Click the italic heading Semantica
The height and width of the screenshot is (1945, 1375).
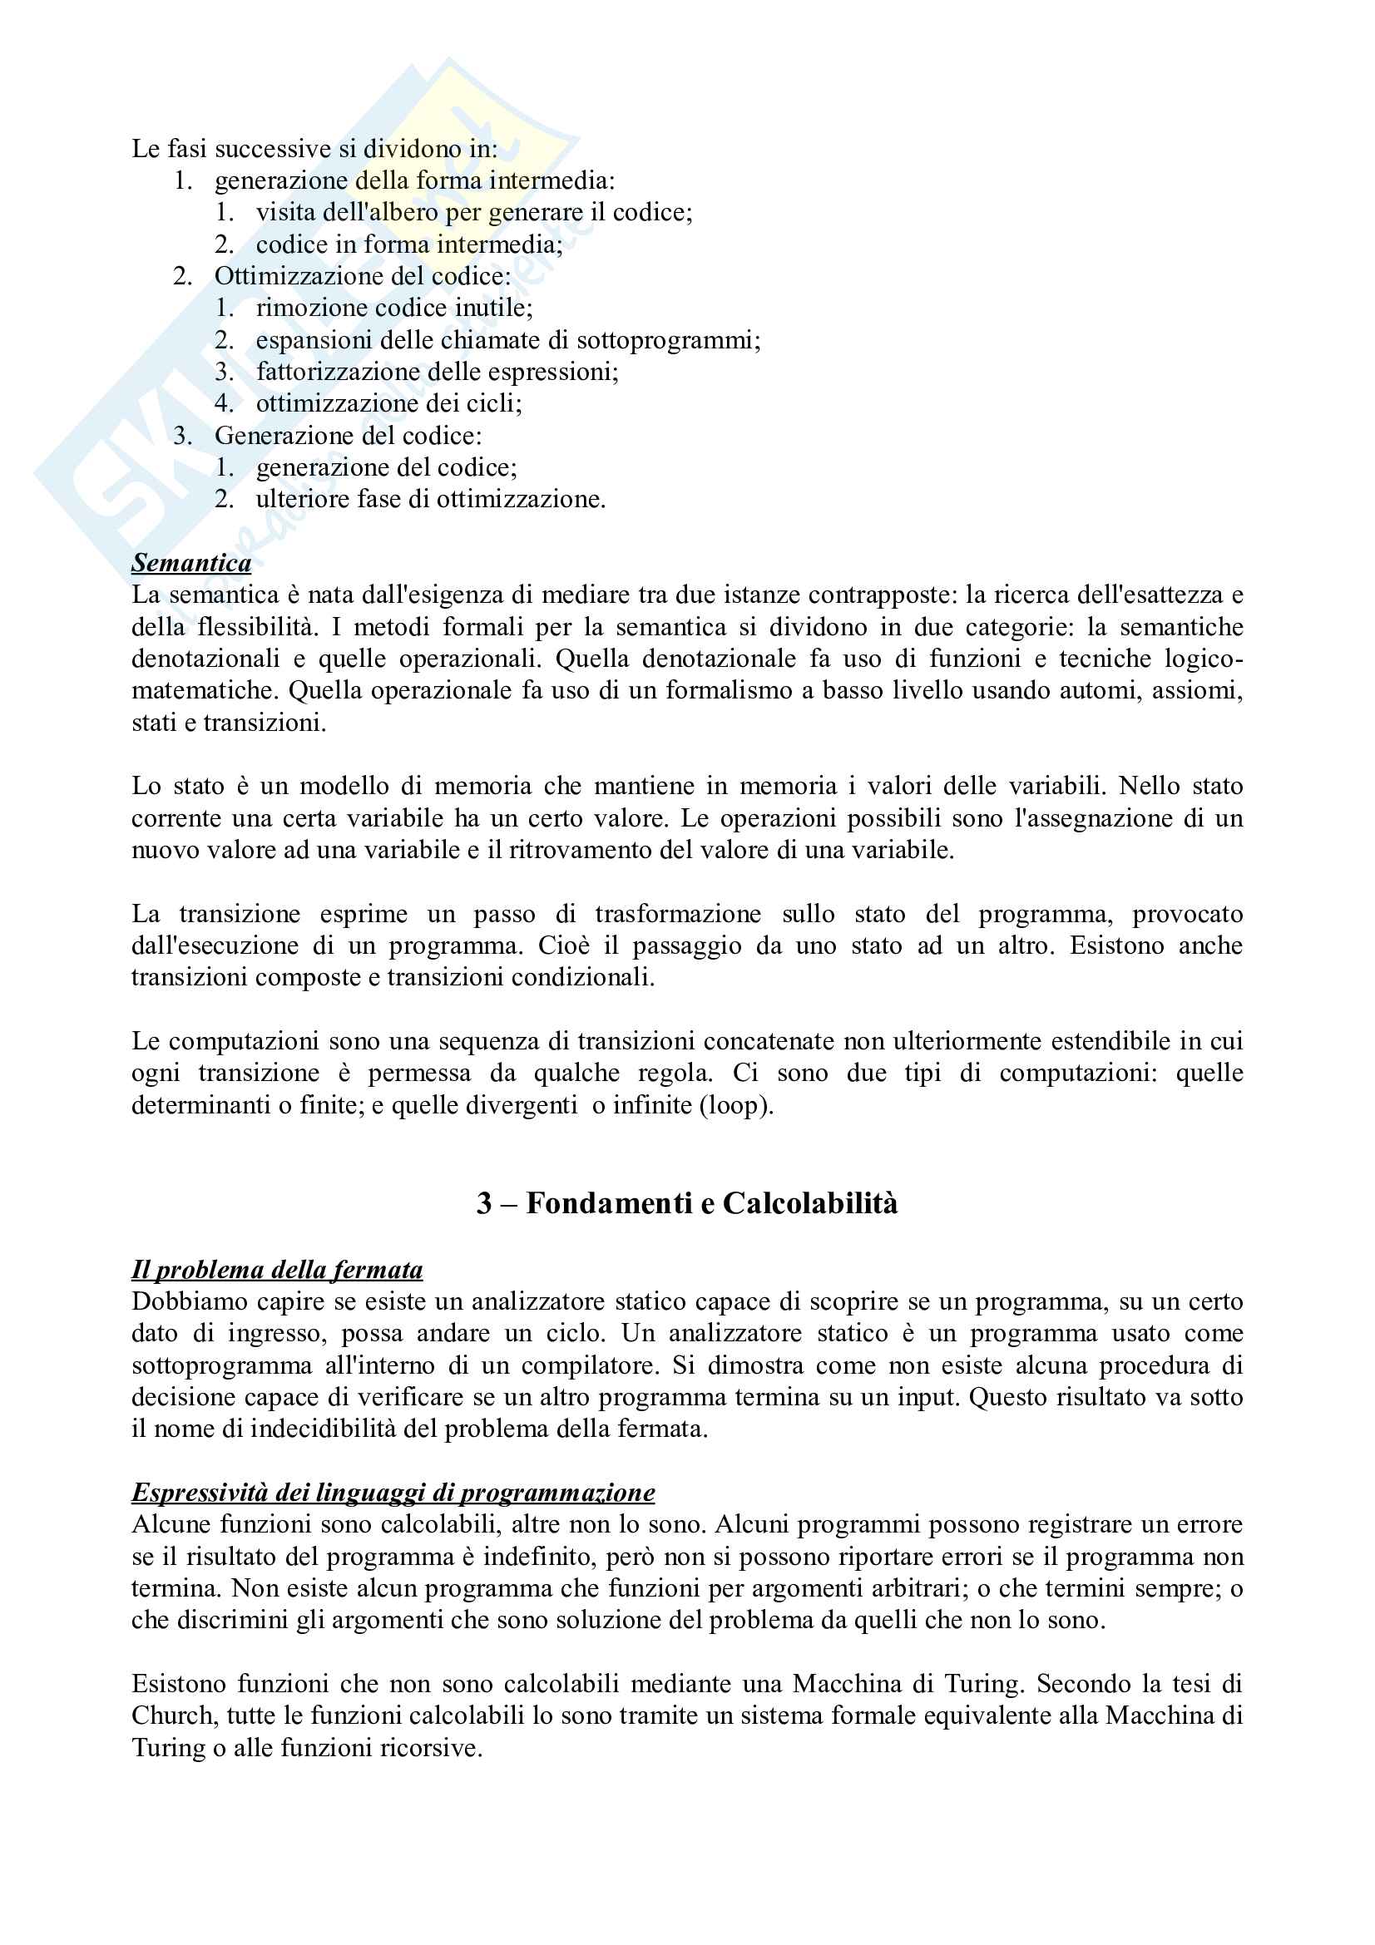pyautogui.click(x=191, y=563)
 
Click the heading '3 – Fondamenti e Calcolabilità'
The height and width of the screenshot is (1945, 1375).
pyautogui.click(x=687, y=1203)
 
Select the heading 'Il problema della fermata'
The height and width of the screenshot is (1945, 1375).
pyautogui.click(x=277, y=1270)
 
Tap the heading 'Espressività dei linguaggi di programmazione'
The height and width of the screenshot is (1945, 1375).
pyautogui.click(x=393, y=1492)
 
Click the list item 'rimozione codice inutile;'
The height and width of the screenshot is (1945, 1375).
pyautogui.click(x=394, y=308)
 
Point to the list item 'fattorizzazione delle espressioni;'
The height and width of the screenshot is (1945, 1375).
pyautogui.click(x=438, y=371)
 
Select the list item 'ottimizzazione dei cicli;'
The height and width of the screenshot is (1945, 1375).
pyautogui.click(x=388, y=403)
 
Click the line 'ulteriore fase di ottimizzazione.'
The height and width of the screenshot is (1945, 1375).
pyautogui.click(x=430, y=499)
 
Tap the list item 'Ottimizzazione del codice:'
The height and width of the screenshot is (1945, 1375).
pyautogui.click(x=363, y=276)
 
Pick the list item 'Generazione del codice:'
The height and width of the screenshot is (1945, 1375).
pyautogui.click(x=349, y=436)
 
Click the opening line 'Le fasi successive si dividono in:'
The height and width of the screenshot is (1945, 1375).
pyautogui.click(x=314, y=149)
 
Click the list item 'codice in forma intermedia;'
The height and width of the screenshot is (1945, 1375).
pyautogui.click(x=409, y=244)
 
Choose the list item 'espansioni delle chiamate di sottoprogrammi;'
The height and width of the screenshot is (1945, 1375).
pyautogui.click(x=508, y=340)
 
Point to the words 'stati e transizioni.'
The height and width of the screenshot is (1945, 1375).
pyautogui.click(x=229, y=723)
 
